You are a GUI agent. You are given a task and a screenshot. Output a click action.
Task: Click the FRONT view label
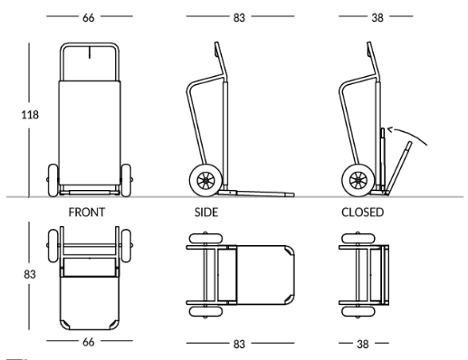[x=87, y=213]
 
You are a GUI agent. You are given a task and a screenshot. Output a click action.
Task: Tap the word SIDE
[x=206, y=213]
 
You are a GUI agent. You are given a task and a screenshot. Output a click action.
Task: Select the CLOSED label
[x=362, y=213]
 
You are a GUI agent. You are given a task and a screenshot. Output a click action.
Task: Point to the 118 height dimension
[x=30, y=115]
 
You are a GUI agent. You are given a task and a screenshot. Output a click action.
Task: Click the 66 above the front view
[x=88, y=18]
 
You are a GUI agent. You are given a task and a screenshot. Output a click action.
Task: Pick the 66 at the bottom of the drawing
[x=88, y=342]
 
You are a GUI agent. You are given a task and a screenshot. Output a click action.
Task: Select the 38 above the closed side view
[x=377, y=18]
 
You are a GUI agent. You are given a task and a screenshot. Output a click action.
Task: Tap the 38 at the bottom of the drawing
[x=362, y=344]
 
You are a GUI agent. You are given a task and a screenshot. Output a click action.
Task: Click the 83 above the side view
[x=239, y=18]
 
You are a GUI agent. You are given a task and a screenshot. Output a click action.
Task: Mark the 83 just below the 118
[x=30, y=274]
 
